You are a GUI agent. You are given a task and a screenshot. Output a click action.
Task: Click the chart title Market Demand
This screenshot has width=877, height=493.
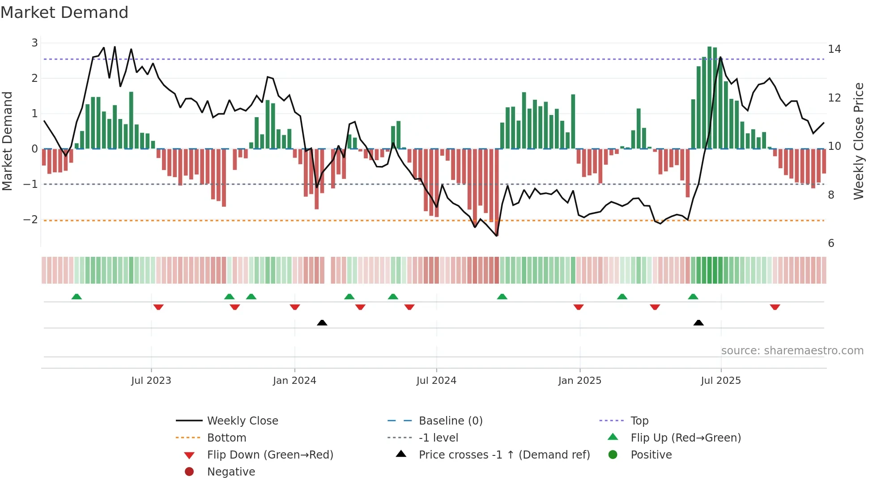coord(64,13)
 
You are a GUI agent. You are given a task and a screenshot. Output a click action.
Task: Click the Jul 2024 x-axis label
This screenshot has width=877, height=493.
coord(436,381)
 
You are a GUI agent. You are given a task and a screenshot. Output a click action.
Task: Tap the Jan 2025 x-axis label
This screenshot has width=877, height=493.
coord(579,381)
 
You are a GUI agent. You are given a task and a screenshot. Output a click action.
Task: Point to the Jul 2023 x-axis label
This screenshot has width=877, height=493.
coord(151,381)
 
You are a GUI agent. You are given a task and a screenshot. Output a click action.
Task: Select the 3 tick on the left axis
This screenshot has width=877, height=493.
coord(34,43)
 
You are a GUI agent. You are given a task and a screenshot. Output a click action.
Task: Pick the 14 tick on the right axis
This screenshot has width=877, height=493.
coord(834,49)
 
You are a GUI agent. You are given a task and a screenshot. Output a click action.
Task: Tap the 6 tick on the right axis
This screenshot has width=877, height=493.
coord(831,243)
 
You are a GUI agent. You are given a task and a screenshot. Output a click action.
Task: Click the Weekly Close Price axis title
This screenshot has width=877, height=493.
coord(858,141)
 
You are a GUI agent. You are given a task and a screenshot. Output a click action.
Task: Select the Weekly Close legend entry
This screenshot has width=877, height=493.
coord(242,421)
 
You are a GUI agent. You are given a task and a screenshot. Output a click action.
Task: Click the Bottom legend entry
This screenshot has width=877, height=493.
coord(226,438)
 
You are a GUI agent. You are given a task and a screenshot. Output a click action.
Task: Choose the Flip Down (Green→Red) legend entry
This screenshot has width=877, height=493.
coord(270,455)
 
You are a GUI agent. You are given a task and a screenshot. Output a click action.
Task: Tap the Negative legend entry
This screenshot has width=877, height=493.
coord(231,472)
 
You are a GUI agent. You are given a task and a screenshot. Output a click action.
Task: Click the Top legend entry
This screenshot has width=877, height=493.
coord(639,421)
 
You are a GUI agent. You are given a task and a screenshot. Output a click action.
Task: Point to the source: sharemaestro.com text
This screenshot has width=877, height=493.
coord(792,351)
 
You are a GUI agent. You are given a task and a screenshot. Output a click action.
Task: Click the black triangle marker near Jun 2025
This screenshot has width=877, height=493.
coord(698,323)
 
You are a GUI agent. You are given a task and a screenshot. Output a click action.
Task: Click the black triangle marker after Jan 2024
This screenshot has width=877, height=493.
coord(322,323)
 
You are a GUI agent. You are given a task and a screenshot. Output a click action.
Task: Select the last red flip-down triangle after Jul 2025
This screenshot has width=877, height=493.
coord(775,307)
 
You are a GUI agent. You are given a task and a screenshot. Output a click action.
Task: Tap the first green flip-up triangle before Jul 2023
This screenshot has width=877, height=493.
coord(77,297)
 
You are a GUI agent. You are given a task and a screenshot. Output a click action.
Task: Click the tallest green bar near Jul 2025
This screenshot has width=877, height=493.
coord(709,98)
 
